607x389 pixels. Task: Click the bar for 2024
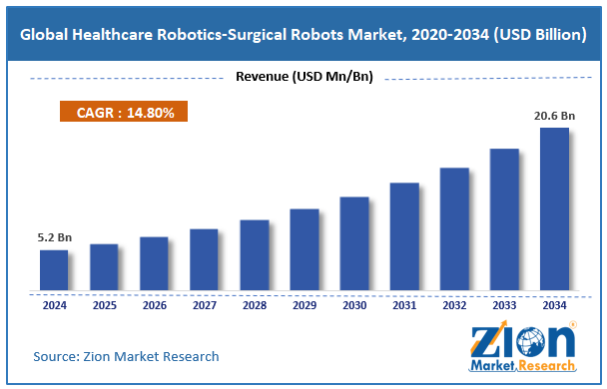point(54,270)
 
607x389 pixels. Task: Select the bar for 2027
point(204,260)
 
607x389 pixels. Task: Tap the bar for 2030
point(354,244)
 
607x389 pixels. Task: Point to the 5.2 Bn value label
point(54,238)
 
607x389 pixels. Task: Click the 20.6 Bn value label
point(554,116)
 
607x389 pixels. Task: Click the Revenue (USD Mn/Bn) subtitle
point(303,78)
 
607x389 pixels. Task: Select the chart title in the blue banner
point(303,35)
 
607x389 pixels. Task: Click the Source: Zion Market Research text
point(126,356)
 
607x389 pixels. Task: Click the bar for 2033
point(504,220)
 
